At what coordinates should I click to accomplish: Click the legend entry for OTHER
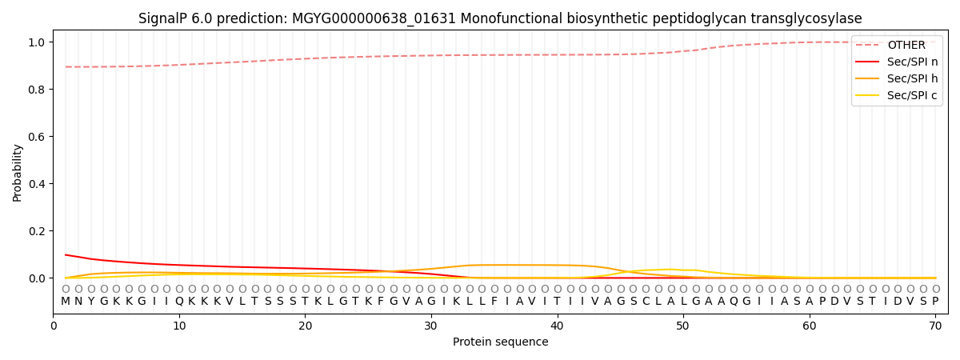tap(906, 46)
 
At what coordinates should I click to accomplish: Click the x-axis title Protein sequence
tap(500, 342)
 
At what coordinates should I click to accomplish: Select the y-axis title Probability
tap(18, 172)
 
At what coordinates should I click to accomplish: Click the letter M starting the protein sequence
tap(66, 302)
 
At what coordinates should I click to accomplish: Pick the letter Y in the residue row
tap(91, 302)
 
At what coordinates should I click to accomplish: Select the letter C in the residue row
tap(646, 302)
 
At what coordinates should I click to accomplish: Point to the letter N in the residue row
tap(78, 302)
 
